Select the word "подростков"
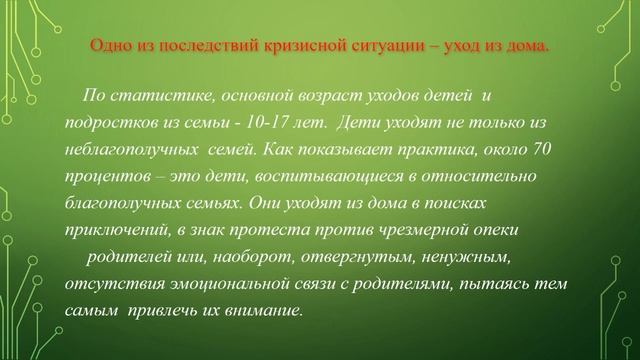(106, 121)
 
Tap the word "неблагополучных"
(127, 148)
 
